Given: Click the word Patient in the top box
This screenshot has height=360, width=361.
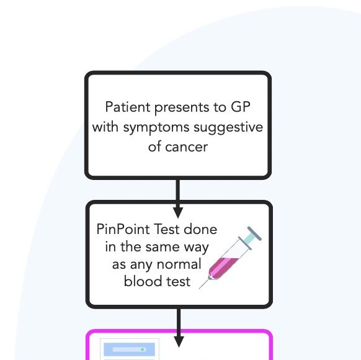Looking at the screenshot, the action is tap(128, 107).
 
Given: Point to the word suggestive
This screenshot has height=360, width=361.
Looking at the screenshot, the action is tap(228, 128).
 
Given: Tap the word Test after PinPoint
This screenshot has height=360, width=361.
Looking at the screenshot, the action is tap(166, 230).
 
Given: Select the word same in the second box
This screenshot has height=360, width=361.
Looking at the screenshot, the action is tap(163, 247).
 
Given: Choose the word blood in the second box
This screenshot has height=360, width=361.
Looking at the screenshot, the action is tap(140, 281).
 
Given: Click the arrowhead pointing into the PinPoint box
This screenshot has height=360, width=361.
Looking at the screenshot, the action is tap(178, 212).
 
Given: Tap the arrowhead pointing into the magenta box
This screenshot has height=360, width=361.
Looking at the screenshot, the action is tap(179, 342).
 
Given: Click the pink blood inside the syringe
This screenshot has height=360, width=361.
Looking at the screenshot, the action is tap(222, 267).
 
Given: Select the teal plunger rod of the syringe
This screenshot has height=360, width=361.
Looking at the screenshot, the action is tap(249, 238).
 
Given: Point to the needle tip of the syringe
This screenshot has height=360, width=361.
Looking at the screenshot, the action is tap(199, 288).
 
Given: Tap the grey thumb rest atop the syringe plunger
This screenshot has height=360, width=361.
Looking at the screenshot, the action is tap(254, 233).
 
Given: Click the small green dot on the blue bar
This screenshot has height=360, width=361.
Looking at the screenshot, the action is tap(143, 349).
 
